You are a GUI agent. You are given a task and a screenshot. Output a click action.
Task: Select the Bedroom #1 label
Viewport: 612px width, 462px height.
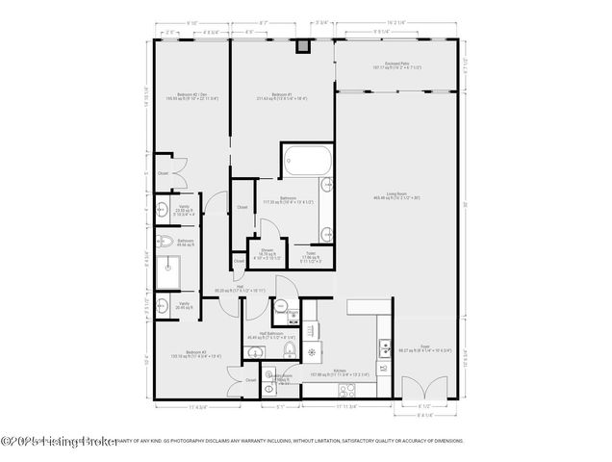281,95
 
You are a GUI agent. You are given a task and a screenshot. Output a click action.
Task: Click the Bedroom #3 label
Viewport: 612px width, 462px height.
183,354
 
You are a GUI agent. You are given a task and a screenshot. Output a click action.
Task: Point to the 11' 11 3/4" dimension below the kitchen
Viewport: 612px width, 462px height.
348,407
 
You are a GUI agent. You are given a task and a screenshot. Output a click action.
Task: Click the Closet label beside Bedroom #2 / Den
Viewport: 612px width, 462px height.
163,173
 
